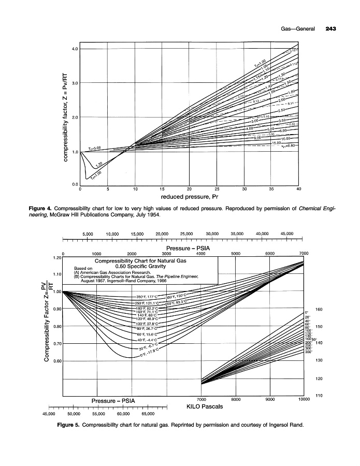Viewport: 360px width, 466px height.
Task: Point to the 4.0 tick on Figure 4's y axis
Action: click(x=75, y=49)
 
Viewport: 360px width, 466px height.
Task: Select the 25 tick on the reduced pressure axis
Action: click(x=217, y=189)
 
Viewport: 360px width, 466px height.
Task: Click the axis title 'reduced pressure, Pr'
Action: click(x=190, y=197)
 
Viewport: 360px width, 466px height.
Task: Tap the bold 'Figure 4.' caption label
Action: click(x=42, y=208)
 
